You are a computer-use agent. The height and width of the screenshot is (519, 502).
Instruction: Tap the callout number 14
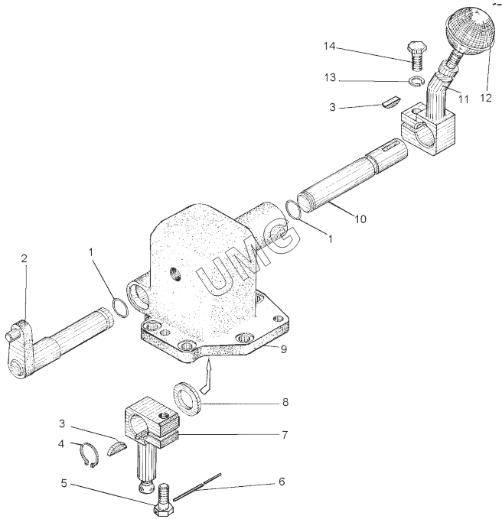coord(330,47)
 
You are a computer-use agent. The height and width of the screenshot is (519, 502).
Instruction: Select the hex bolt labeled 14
coord(416,56)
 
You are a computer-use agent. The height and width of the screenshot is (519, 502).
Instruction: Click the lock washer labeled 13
coord(416,81)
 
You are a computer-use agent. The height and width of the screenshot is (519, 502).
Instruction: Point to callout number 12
coord(486,98)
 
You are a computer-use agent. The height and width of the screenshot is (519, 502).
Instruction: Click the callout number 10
coord(360,219)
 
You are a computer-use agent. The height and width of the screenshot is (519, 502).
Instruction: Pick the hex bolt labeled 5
coord(164,500)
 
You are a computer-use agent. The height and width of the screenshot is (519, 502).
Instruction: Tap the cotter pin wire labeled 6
coord(197,486)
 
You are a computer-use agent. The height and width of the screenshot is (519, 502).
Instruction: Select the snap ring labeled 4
coord(89,456)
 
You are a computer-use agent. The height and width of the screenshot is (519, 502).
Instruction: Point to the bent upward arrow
coord(206,377)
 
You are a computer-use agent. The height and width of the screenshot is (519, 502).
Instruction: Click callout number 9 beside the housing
coord(284,349)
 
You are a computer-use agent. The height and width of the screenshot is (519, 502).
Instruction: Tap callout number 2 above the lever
coord(24,258)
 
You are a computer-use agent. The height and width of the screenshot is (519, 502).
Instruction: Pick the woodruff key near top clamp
coord(391,101)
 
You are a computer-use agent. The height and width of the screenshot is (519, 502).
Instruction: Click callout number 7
coord(285,435)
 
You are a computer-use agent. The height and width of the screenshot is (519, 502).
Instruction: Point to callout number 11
coord(463,99)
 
